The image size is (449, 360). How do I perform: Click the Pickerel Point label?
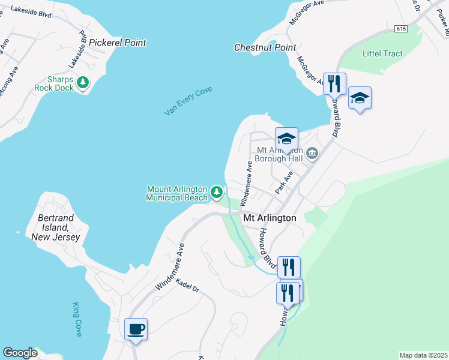(117, 43)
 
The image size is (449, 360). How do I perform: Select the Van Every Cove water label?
(188, 101)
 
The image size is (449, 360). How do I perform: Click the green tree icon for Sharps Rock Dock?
(83, 82)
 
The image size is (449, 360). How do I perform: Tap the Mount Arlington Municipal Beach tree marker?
(216, 193)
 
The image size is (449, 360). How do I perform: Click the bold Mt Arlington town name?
(270, 218)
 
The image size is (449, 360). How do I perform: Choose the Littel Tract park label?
(382, 53)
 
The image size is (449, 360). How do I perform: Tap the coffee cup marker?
(136, 329)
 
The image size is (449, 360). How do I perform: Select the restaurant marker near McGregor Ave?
(334, 83)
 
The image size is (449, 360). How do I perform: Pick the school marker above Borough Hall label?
(287, 137)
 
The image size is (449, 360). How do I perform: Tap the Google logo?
(20, 353)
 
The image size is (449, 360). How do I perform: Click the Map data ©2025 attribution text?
(423, 355)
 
